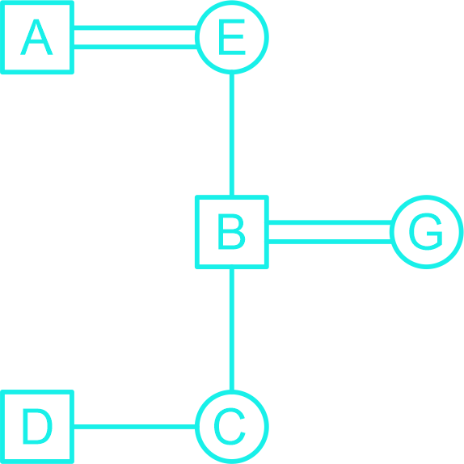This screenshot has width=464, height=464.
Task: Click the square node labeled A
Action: click(37, 37)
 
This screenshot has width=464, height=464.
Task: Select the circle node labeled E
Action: click(232, 37)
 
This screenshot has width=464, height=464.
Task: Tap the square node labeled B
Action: click(232, 232)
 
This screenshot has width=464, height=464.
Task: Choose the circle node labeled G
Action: click(427, 232)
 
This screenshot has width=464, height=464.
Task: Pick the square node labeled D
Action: click(37, 427)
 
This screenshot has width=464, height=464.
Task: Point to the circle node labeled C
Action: click(232, 427)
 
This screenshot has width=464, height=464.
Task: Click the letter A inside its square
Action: click(36, 37)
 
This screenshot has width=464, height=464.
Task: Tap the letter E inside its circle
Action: click(232, 37)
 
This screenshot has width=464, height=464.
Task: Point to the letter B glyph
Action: click(232, 232)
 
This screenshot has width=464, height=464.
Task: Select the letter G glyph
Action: click(426, 232)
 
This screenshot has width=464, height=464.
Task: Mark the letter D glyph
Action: click(37, 427)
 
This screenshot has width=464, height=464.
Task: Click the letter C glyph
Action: click(230, 427)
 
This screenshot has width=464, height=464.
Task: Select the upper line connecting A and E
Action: click(135, 27)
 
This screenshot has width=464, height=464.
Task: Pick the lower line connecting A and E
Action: click(135, 47)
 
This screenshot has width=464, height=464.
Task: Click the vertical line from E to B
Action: click(232, 134)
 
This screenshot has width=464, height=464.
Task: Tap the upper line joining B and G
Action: click(329, 222)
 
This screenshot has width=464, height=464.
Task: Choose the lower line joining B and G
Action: click(329, 242)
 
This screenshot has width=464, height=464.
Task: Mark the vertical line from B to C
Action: click(232, 329)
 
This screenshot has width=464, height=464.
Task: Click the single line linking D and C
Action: click(135, 427)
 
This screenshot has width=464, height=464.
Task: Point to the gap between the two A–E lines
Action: click(135, 37)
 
